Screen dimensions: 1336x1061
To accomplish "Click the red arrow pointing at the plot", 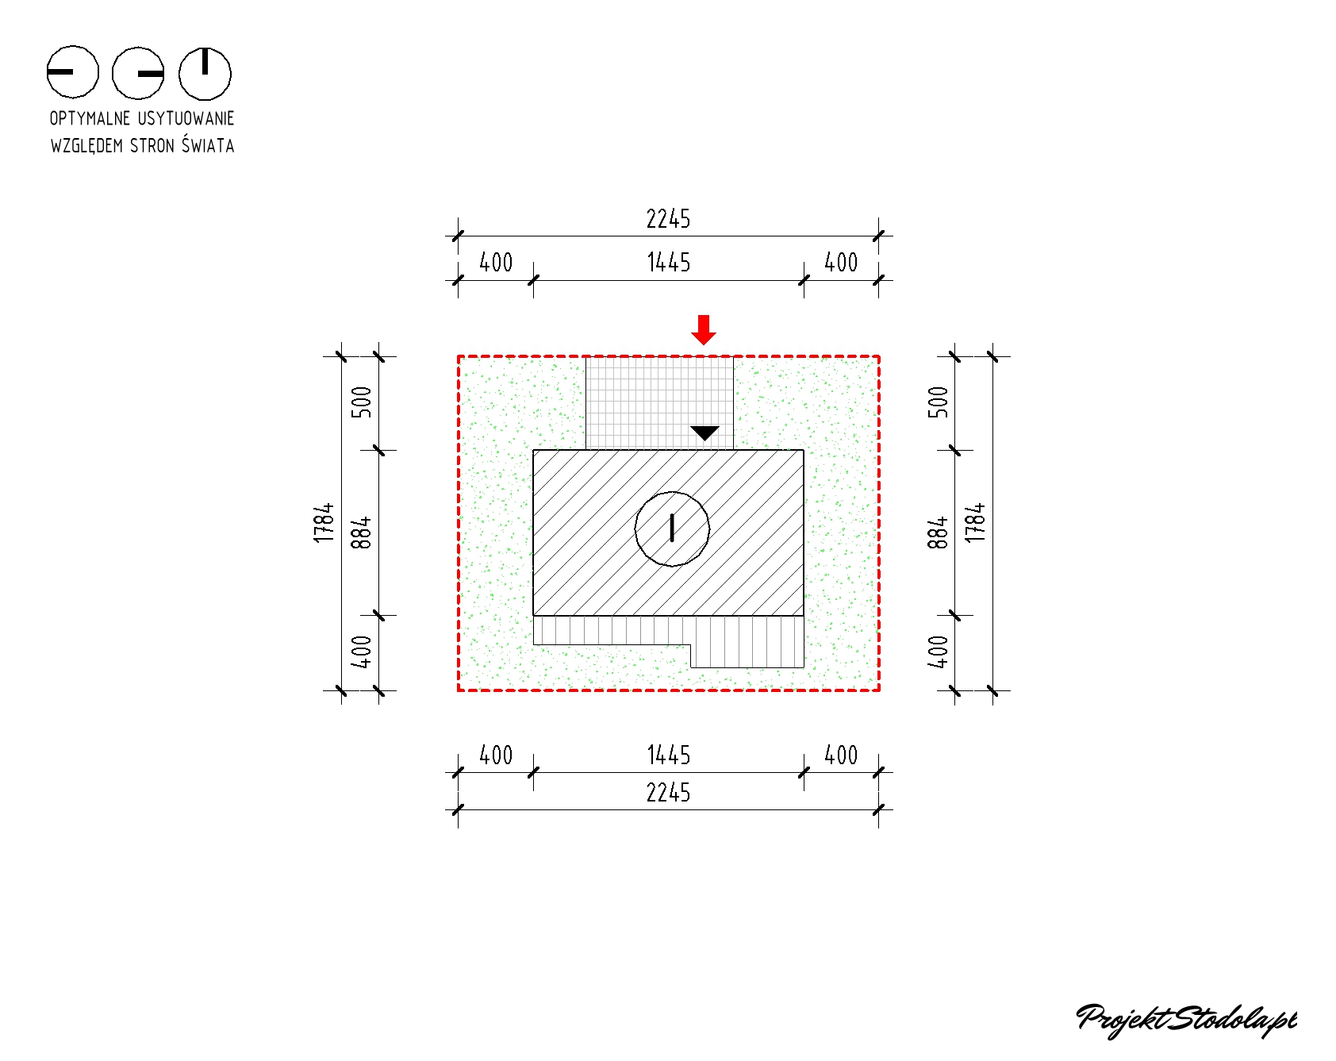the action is [x=704, y=329].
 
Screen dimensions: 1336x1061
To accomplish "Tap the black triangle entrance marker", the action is [x=704, y=432].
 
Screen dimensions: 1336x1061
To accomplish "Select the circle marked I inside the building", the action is [x=672, y=529].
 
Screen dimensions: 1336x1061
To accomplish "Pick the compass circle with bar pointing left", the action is [x=73, y=72].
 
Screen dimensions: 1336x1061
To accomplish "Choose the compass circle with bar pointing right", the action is [x=138, y=73].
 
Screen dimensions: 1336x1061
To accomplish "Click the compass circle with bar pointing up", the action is [x=205, y=73].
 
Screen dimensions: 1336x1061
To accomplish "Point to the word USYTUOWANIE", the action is [x=186, y=118].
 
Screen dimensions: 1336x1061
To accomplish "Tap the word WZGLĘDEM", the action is [x=86, y=146].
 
